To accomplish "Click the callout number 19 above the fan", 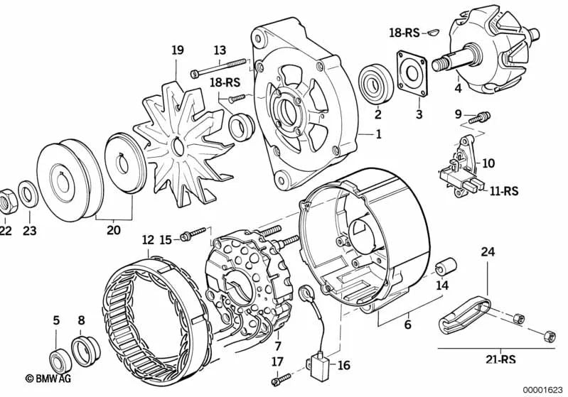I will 178,50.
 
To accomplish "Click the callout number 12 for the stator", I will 147,241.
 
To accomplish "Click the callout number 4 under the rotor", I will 458,89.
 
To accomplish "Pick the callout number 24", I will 487,251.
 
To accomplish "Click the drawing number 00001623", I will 541,388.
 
